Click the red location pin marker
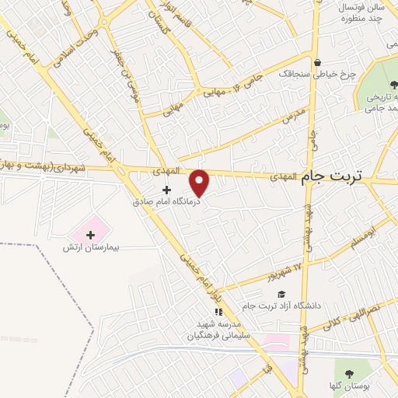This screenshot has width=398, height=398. (200, 182)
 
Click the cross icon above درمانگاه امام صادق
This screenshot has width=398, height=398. (166, 189)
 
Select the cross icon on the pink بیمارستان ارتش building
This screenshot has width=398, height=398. (91, 234)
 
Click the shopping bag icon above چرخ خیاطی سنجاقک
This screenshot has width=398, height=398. (317, 64)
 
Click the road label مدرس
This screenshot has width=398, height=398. (291, 114)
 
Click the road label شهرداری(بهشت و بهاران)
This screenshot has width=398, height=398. (45, 166)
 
